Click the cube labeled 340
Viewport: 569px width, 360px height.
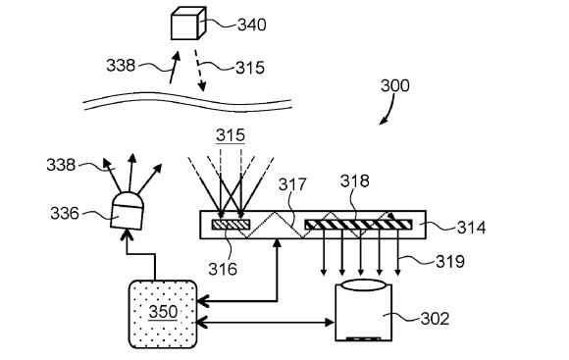[x=188, y=23]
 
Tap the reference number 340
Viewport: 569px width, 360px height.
[x=252, y=26]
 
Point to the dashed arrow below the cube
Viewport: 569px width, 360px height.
[x=200, y=71]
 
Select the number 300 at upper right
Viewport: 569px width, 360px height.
[x=395, y=85]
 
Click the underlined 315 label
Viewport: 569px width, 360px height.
[x=231, y=135]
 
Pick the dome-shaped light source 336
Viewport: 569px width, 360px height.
[x=128, y=211]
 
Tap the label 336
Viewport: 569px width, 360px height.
[x=64, y=213]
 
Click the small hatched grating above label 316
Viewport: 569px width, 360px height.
[x=232, y=225]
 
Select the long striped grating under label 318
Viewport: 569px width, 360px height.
[x=358, y=225]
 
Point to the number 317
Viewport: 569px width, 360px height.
[x=292, y=184]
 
